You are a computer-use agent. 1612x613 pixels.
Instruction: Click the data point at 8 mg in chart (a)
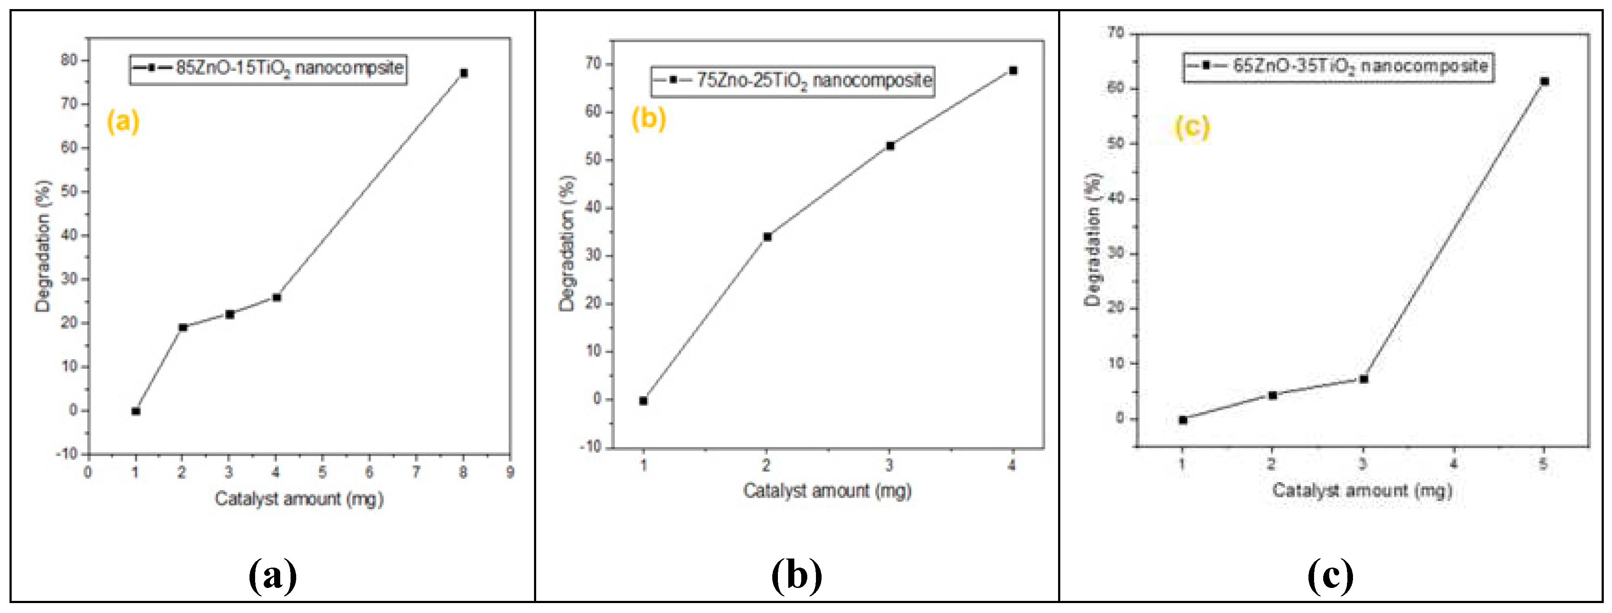[x=464, y=73]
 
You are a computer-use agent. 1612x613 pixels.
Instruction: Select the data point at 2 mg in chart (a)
[x=183, y=327]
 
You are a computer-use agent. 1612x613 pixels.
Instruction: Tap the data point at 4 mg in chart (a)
[x=277, y=297]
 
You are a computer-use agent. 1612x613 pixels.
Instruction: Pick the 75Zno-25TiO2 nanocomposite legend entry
[x=792, y=81]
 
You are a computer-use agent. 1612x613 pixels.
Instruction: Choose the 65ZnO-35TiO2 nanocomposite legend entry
[x=1338, y=66]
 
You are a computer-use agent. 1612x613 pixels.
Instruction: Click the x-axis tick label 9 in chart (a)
[x=510, y=472]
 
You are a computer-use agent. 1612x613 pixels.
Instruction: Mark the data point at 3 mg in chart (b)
[x=890, y=146]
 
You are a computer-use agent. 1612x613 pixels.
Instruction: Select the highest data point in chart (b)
[x=1013, y=71]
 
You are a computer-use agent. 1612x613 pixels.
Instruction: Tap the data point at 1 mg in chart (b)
[x=643, y=401]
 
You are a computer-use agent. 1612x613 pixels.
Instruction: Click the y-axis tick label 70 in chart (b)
[x=593, y=64]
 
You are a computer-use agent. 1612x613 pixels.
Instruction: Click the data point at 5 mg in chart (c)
[x=1545, y=81]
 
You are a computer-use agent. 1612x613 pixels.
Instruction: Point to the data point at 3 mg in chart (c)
[x=1363, y=379]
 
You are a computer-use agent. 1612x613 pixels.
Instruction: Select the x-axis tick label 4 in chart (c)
[x=1454, y=464]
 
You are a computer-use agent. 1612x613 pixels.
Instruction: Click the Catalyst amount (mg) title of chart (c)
[x=1362, y=490]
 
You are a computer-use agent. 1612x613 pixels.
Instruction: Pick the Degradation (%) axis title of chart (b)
[x=567, y=243]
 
